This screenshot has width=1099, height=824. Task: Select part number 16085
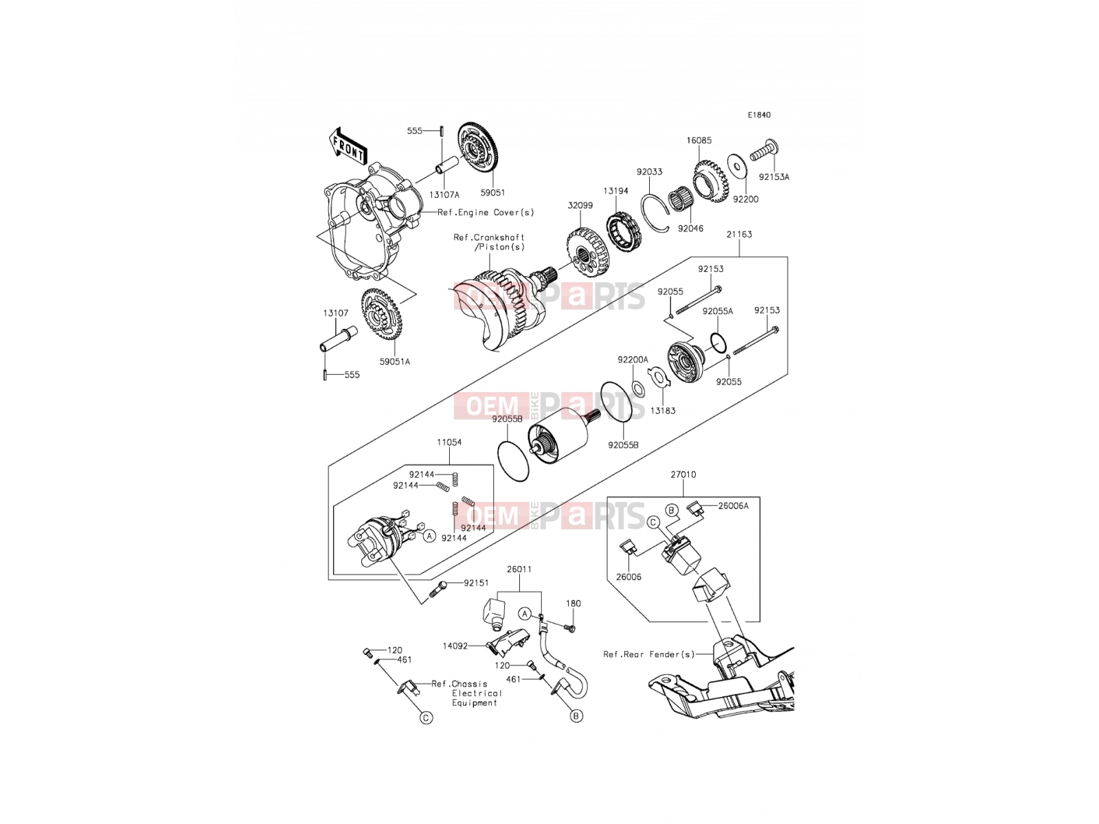tap(699, 141)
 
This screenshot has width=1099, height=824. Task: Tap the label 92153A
tap(774, 177)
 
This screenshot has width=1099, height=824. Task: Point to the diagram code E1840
tap(759, 115)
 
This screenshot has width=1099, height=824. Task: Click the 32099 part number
tap(580, 205)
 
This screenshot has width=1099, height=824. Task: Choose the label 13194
tap(615, 191)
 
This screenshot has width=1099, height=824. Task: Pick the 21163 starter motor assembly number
tap(740, 234)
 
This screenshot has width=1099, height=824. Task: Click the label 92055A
tap(718, 311)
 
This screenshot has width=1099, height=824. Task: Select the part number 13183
tap(663, 411)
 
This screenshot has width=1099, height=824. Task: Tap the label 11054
tap(449, 442)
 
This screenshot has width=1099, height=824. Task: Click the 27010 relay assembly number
tap(683, 474)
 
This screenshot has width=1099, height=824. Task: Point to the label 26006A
tap(734, 506)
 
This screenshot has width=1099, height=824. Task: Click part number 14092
tap(455, 646)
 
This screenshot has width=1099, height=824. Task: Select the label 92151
tap(476, 583)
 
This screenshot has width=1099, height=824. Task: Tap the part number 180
tap(574, 604)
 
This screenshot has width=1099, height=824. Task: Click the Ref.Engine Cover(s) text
tap(486, 212)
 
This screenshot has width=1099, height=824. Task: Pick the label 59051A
tap(394, 362)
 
